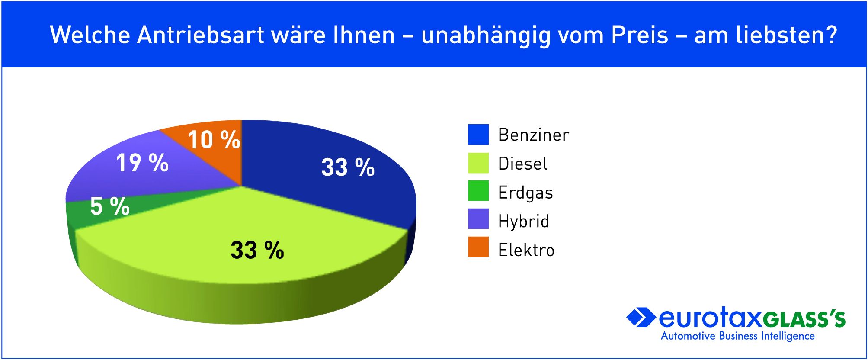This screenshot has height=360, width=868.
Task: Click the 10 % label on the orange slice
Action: [214, 140]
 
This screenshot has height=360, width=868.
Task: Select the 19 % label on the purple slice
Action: [142, 163]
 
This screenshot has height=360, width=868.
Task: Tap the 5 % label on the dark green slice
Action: [110, 206]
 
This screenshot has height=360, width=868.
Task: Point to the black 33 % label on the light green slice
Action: [257, 250]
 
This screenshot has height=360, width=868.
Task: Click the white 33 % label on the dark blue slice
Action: [348, 167]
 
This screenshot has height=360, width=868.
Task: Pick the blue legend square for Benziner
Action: [478, 135]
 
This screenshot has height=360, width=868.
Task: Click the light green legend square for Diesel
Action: [478, 163]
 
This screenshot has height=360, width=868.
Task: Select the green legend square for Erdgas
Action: [478, 191]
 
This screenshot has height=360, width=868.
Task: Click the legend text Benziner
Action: [534, 135]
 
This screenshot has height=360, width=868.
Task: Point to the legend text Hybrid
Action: [524, 221]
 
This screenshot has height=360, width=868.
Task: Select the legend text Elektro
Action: [526, 250]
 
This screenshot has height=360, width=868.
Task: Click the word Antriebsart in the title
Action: [201, 35]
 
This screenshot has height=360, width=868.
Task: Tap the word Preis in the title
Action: [640, 35]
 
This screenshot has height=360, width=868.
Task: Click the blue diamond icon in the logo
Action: [641, 318]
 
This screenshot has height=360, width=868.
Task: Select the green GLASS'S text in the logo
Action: [804, 319]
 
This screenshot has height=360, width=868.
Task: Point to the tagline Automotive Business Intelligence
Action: [738, 336]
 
